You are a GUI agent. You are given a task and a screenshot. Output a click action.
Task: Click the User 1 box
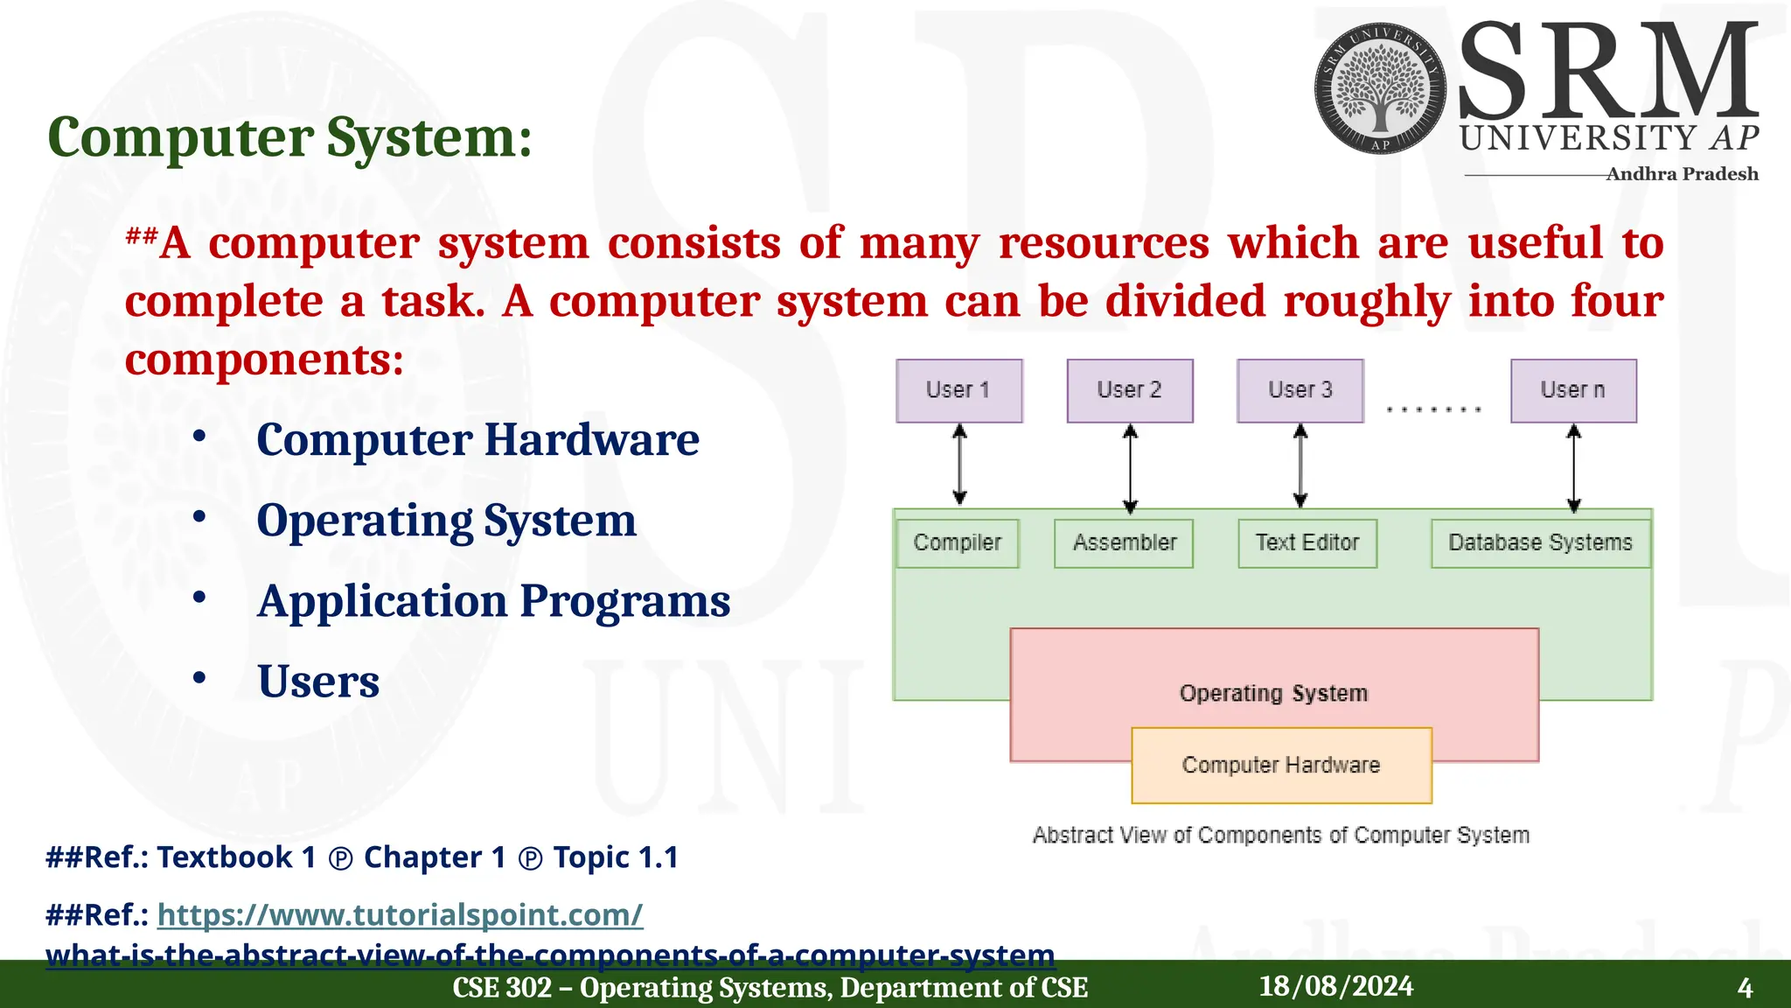(x=958, y=390)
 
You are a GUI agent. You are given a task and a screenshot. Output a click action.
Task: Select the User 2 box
(x=1129, y=390)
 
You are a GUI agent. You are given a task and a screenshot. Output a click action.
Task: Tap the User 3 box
(x=1300, y=390)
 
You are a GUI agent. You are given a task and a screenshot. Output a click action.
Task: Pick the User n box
(x=1572, y=390)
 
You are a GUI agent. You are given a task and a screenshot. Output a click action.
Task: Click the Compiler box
(x=958, y=543)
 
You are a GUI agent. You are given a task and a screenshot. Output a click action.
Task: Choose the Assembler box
(x=1124, y=543)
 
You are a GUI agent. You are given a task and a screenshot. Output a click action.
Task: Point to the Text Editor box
(x=1307, y=543)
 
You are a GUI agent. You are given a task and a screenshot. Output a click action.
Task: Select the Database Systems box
(x=1539, y=543)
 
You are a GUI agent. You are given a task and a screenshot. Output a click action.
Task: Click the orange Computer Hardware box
(x=1280, y=766)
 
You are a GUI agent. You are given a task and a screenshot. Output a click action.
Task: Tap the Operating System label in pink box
(x=1272, y=694)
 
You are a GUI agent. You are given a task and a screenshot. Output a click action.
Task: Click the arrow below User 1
(x=959, y=465)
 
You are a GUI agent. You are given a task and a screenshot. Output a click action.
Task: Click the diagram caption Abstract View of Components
(x=1280, y=836)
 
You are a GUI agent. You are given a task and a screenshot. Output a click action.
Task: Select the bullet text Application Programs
(x=493, y=601)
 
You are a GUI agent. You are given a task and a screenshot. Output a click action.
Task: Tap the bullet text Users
(x=318, y=682)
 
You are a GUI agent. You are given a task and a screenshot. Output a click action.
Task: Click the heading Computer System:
(x=289, y=137)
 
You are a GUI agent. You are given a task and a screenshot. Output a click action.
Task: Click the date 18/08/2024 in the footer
(x=1335, y=987)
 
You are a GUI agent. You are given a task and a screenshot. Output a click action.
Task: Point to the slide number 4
(x=1744, y=989)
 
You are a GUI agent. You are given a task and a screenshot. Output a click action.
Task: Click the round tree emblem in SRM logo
(x=1380, y=88)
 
